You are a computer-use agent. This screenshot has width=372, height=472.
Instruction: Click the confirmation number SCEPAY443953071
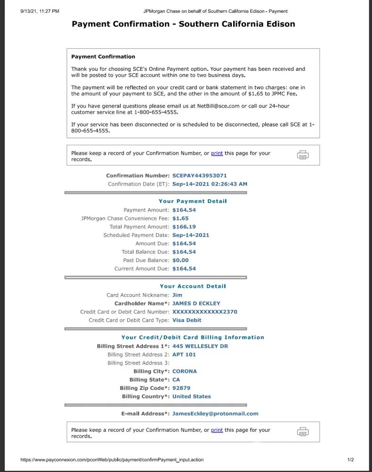tap(199, 176)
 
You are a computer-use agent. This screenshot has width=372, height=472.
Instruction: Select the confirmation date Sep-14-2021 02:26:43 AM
tap(210, 184)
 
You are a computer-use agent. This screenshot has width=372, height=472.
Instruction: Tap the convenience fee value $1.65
tap(180, 219)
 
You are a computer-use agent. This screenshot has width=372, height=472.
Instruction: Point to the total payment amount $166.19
tap(184, 227)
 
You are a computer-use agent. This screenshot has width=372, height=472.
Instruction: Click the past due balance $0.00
tap(180, 261)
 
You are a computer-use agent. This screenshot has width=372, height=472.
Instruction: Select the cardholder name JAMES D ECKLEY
tap(196, 303)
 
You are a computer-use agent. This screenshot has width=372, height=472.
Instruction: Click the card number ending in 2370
tap(204, 312)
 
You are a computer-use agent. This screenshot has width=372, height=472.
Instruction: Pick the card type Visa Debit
tap(186, 320)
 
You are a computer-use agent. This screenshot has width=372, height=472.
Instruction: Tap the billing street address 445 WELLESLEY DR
tap(200, 346)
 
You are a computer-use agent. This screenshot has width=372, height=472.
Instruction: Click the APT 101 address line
tap(184, 355)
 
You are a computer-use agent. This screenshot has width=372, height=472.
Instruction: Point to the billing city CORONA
tap(185, 371)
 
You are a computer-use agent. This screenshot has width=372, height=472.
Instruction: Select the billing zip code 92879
tap(181, 388)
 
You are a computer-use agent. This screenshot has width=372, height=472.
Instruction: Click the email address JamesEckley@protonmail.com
tap(215, 414)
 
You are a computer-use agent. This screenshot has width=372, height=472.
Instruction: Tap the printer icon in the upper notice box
tap(303, 155)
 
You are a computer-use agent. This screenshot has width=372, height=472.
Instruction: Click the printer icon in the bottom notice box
tap(303, 432)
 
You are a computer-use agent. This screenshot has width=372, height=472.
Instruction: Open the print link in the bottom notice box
tap(217, 430)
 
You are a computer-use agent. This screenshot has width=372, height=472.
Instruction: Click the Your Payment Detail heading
tap(193, 201)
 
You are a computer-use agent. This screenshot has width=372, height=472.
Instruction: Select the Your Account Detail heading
tap(193, 287)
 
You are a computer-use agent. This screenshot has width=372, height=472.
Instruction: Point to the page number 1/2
tap(350, 460)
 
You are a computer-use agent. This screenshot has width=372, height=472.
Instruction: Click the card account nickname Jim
tap(177, 295)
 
